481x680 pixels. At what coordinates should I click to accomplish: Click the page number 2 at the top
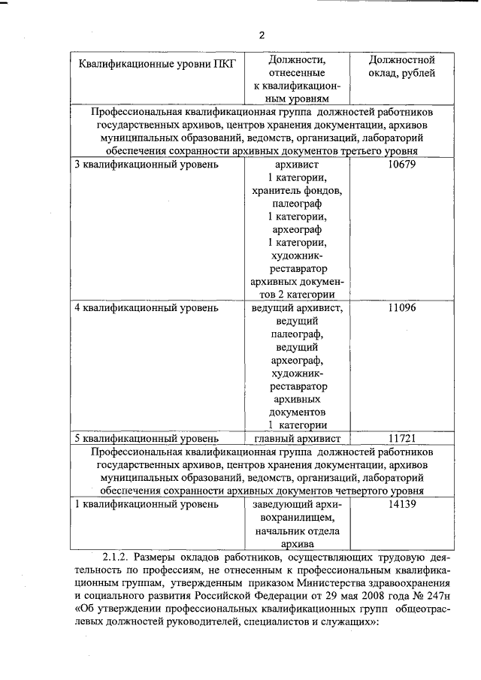262,35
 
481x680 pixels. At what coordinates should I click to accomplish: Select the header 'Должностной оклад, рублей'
402,66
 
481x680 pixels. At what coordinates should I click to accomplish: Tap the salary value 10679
402,164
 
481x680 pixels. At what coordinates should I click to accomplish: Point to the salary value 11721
402,437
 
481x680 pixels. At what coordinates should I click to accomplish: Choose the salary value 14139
402,504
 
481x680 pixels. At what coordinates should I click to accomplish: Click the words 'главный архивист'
298,437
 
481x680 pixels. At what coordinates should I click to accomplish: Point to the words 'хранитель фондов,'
298,191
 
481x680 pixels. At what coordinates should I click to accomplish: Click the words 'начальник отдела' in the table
298,531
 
